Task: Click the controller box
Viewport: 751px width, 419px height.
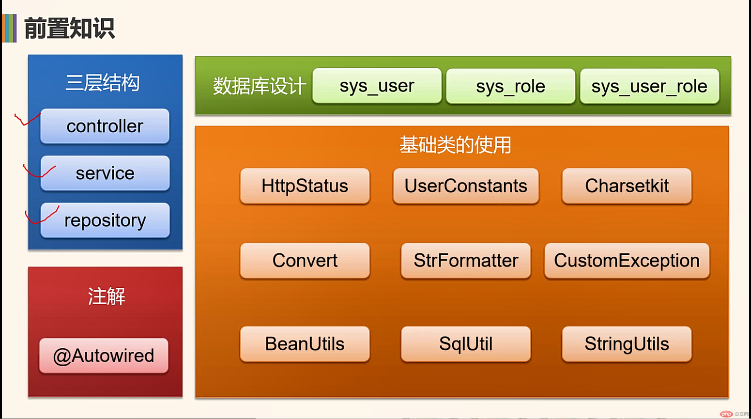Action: click(x=105, y=126)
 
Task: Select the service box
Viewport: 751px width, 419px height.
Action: click(x=105, y=173)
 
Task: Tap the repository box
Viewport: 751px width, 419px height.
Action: click(x=105, y=220)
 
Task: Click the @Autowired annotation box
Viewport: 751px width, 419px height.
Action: click(x=104, y=356)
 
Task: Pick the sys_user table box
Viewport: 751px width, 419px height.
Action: click(x=377, y=86)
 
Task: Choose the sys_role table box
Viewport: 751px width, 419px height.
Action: click(x=511, y=86)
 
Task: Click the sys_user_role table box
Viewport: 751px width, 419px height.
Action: click(x=649, y=86)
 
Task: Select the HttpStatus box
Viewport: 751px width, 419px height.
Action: click(x=305, y=186)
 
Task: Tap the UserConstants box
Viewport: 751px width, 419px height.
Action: click(x=466, y=186)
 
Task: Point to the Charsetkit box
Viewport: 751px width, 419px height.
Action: click(x=627, y=186)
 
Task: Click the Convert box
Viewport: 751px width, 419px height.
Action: click(x=305, y=261)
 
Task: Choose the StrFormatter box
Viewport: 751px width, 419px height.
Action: click(x=466, y=261)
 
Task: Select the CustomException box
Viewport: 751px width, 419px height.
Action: click(x=627, y=261)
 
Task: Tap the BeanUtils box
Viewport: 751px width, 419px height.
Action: click(x=305, y=344)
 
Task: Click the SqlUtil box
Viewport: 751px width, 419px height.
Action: click(x=466, y=344)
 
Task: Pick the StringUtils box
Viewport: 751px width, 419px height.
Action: click(x=627, y=344)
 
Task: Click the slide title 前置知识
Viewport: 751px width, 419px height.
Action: click(x=69, y=29)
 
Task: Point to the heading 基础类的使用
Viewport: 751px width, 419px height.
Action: click(x=455, y=145)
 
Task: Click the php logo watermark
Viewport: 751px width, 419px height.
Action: click(x=726, y=414)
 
